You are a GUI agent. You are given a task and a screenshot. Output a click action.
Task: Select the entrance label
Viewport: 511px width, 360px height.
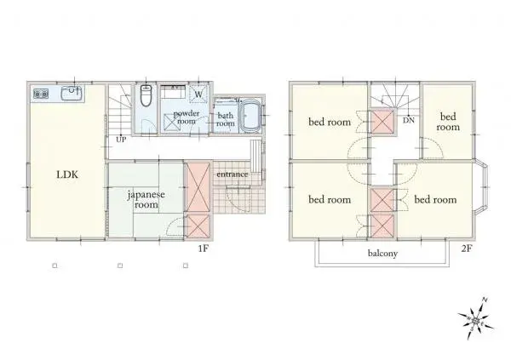tap(232, 174)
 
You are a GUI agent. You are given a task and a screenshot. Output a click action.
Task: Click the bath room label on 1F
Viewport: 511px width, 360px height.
tap(226, 119)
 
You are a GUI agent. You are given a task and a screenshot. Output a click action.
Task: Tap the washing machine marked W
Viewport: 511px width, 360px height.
tap(198, 96)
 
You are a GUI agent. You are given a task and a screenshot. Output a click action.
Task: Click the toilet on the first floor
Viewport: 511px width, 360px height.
tap(146, 97)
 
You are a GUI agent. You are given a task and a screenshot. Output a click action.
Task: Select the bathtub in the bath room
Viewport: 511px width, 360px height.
tap(250, 117)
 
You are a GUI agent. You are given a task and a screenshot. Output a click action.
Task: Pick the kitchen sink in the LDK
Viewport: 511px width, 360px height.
tap(71, 92)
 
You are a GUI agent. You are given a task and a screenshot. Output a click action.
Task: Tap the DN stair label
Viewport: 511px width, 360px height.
tap(409, 121)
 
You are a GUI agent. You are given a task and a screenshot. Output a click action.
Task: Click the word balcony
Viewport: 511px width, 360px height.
tap(383, 254)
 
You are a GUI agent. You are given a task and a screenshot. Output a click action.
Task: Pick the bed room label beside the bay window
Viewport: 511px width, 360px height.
tap(435, 200)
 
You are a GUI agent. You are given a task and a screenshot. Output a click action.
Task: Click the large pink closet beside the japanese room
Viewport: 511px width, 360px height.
tap(198, 186)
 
